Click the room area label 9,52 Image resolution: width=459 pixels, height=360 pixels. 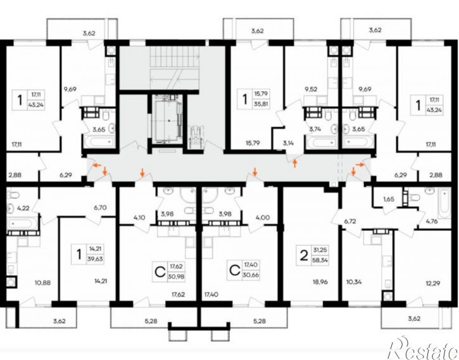[x=311, y=89]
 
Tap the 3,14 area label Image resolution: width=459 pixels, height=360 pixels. [x=288, y=143]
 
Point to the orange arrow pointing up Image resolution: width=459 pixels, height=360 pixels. [x=295, y=163]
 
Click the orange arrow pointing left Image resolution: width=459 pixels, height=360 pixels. [x=97, y=166]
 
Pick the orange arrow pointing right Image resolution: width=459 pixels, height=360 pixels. [x=361, y=164]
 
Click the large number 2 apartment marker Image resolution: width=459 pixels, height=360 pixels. [x=305, y=256]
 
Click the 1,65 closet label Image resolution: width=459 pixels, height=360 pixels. [x=389, y=199]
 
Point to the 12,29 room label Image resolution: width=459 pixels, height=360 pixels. [x=432, y=283]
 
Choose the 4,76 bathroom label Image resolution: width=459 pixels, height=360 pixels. [x=432, y=221]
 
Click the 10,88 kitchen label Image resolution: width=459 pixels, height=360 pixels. [x=43, y=283]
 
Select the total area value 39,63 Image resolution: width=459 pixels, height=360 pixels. [x=95, y=259]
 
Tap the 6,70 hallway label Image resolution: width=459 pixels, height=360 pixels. [x=100, y=208]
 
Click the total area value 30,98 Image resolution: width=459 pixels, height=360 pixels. [x=176, y=276]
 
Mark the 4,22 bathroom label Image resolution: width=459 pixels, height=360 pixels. [x=23, y=208]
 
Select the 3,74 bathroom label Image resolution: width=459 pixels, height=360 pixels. [x=315, y=129]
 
